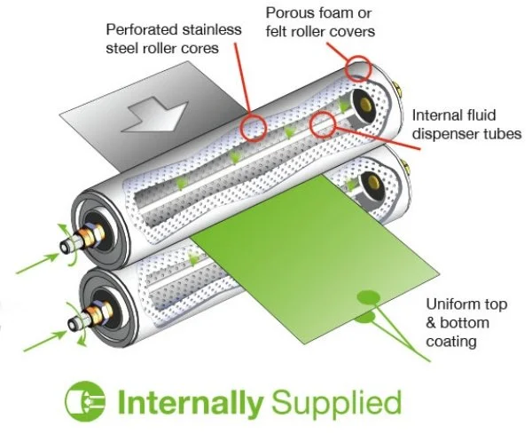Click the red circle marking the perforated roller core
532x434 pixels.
(251, 126)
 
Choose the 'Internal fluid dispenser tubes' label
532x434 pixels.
(466, 125)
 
